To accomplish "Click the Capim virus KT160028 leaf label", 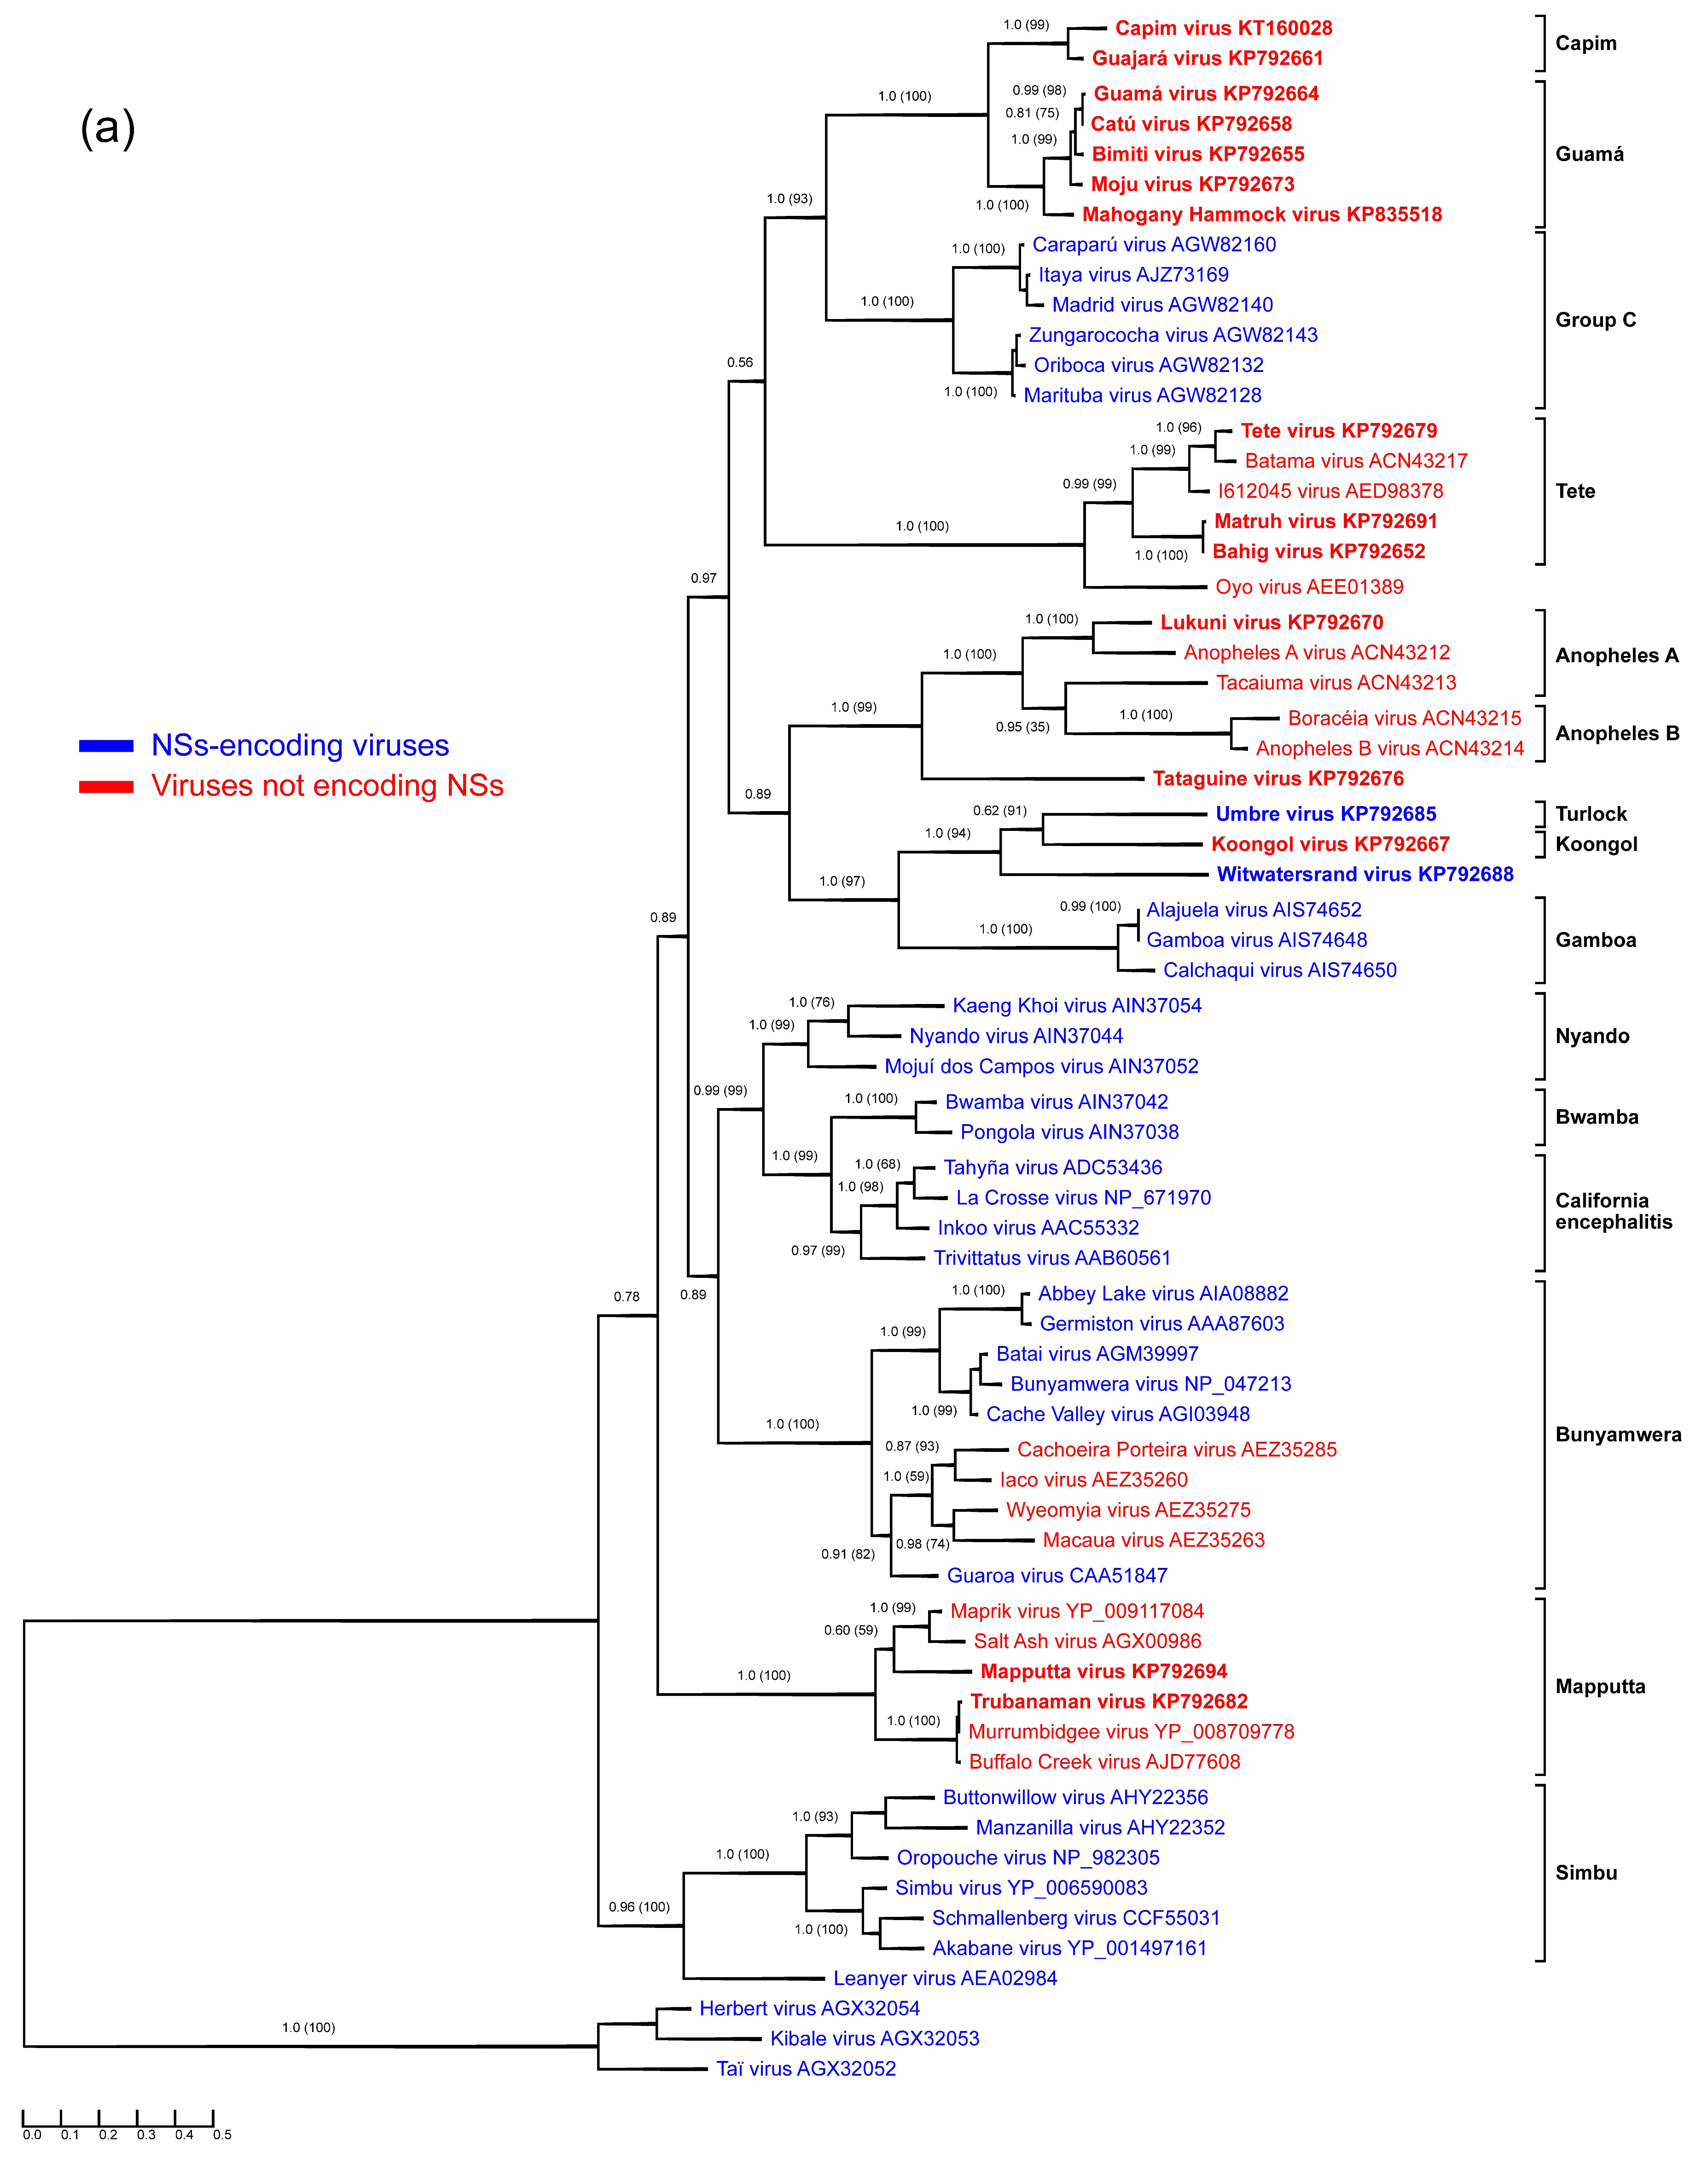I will pyautogui.click(x=1223, y=28).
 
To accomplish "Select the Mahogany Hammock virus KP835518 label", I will pyautogui.click(x=1261, y=214).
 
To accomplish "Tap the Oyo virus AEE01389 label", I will pyautogui.click(x=1309, y=587).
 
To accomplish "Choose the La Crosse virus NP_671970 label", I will pyautogui.click(x=1083, y=1197).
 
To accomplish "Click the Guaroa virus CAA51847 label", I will pyautogui.click(x=1057, y=1575).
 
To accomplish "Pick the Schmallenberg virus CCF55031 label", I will pyautogui.click(x=1075, y=1917).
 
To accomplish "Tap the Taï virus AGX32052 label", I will pyautogui.click(x=806, y=2068).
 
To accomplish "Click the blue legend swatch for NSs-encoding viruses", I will pyautogui.click(x=106, y=746).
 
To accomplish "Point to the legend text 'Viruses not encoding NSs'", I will pyautogui.click(x=327, y=786).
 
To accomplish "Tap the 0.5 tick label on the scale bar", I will pyautogui.click(x=222, y=2134).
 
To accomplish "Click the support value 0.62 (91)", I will pyautogui.click(x=999, y=811).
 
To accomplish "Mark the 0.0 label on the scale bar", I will pyautogui.click(x=32, y=2134).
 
